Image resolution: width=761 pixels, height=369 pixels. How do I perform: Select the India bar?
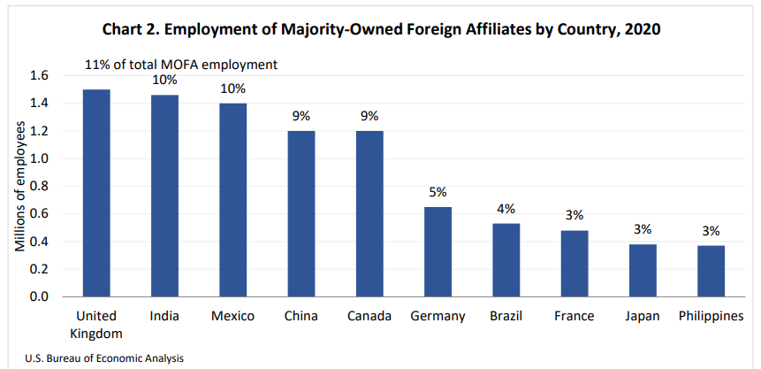(x=165, y=196)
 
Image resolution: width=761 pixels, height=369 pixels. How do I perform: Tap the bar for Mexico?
(x=233, y=200)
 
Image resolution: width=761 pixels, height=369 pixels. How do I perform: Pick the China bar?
(x=301, y=213)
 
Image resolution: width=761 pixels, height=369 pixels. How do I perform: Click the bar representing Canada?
(x=369, y=213)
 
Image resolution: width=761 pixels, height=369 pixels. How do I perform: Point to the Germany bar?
(x=438, y=251)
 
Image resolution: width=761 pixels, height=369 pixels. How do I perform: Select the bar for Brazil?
(x=506, y=260)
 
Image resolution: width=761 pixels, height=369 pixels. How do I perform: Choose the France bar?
(x=575, y=264)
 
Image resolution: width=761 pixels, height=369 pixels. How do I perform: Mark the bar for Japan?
(x=643, y=270)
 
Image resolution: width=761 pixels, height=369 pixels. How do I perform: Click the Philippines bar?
(x=711, y=271)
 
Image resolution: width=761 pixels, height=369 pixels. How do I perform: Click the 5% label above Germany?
(x=438, y=191)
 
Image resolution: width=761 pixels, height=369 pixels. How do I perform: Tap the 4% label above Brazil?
(x=506, y=208)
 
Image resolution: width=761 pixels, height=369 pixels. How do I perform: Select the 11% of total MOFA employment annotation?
(x=181, y=65)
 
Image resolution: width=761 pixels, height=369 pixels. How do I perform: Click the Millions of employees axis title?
(x=18, y=186)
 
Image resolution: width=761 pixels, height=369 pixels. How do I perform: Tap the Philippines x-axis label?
(x=711, y=316)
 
